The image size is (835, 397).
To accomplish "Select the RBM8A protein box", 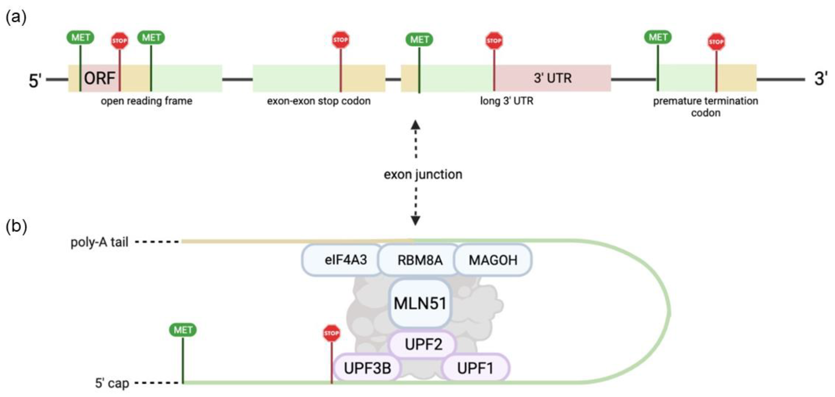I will click(419, 260).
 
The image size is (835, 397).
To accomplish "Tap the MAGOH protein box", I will click(493, 260).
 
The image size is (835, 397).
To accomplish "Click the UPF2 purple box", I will click(423, 344).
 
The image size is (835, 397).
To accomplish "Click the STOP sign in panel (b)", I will click(331, 333).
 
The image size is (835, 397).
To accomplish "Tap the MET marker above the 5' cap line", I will click(183, 330).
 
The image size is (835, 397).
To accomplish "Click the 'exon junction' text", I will click(423, 174).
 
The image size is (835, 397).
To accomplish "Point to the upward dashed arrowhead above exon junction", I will click(416, 125).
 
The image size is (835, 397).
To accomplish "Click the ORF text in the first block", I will click(99, 78).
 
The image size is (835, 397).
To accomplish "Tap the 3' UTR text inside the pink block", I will click(553, 78).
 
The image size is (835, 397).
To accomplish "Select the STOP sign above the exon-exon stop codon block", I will click(340, 40).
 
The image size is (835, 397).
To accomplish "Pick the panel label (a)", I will click(16, 17).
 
